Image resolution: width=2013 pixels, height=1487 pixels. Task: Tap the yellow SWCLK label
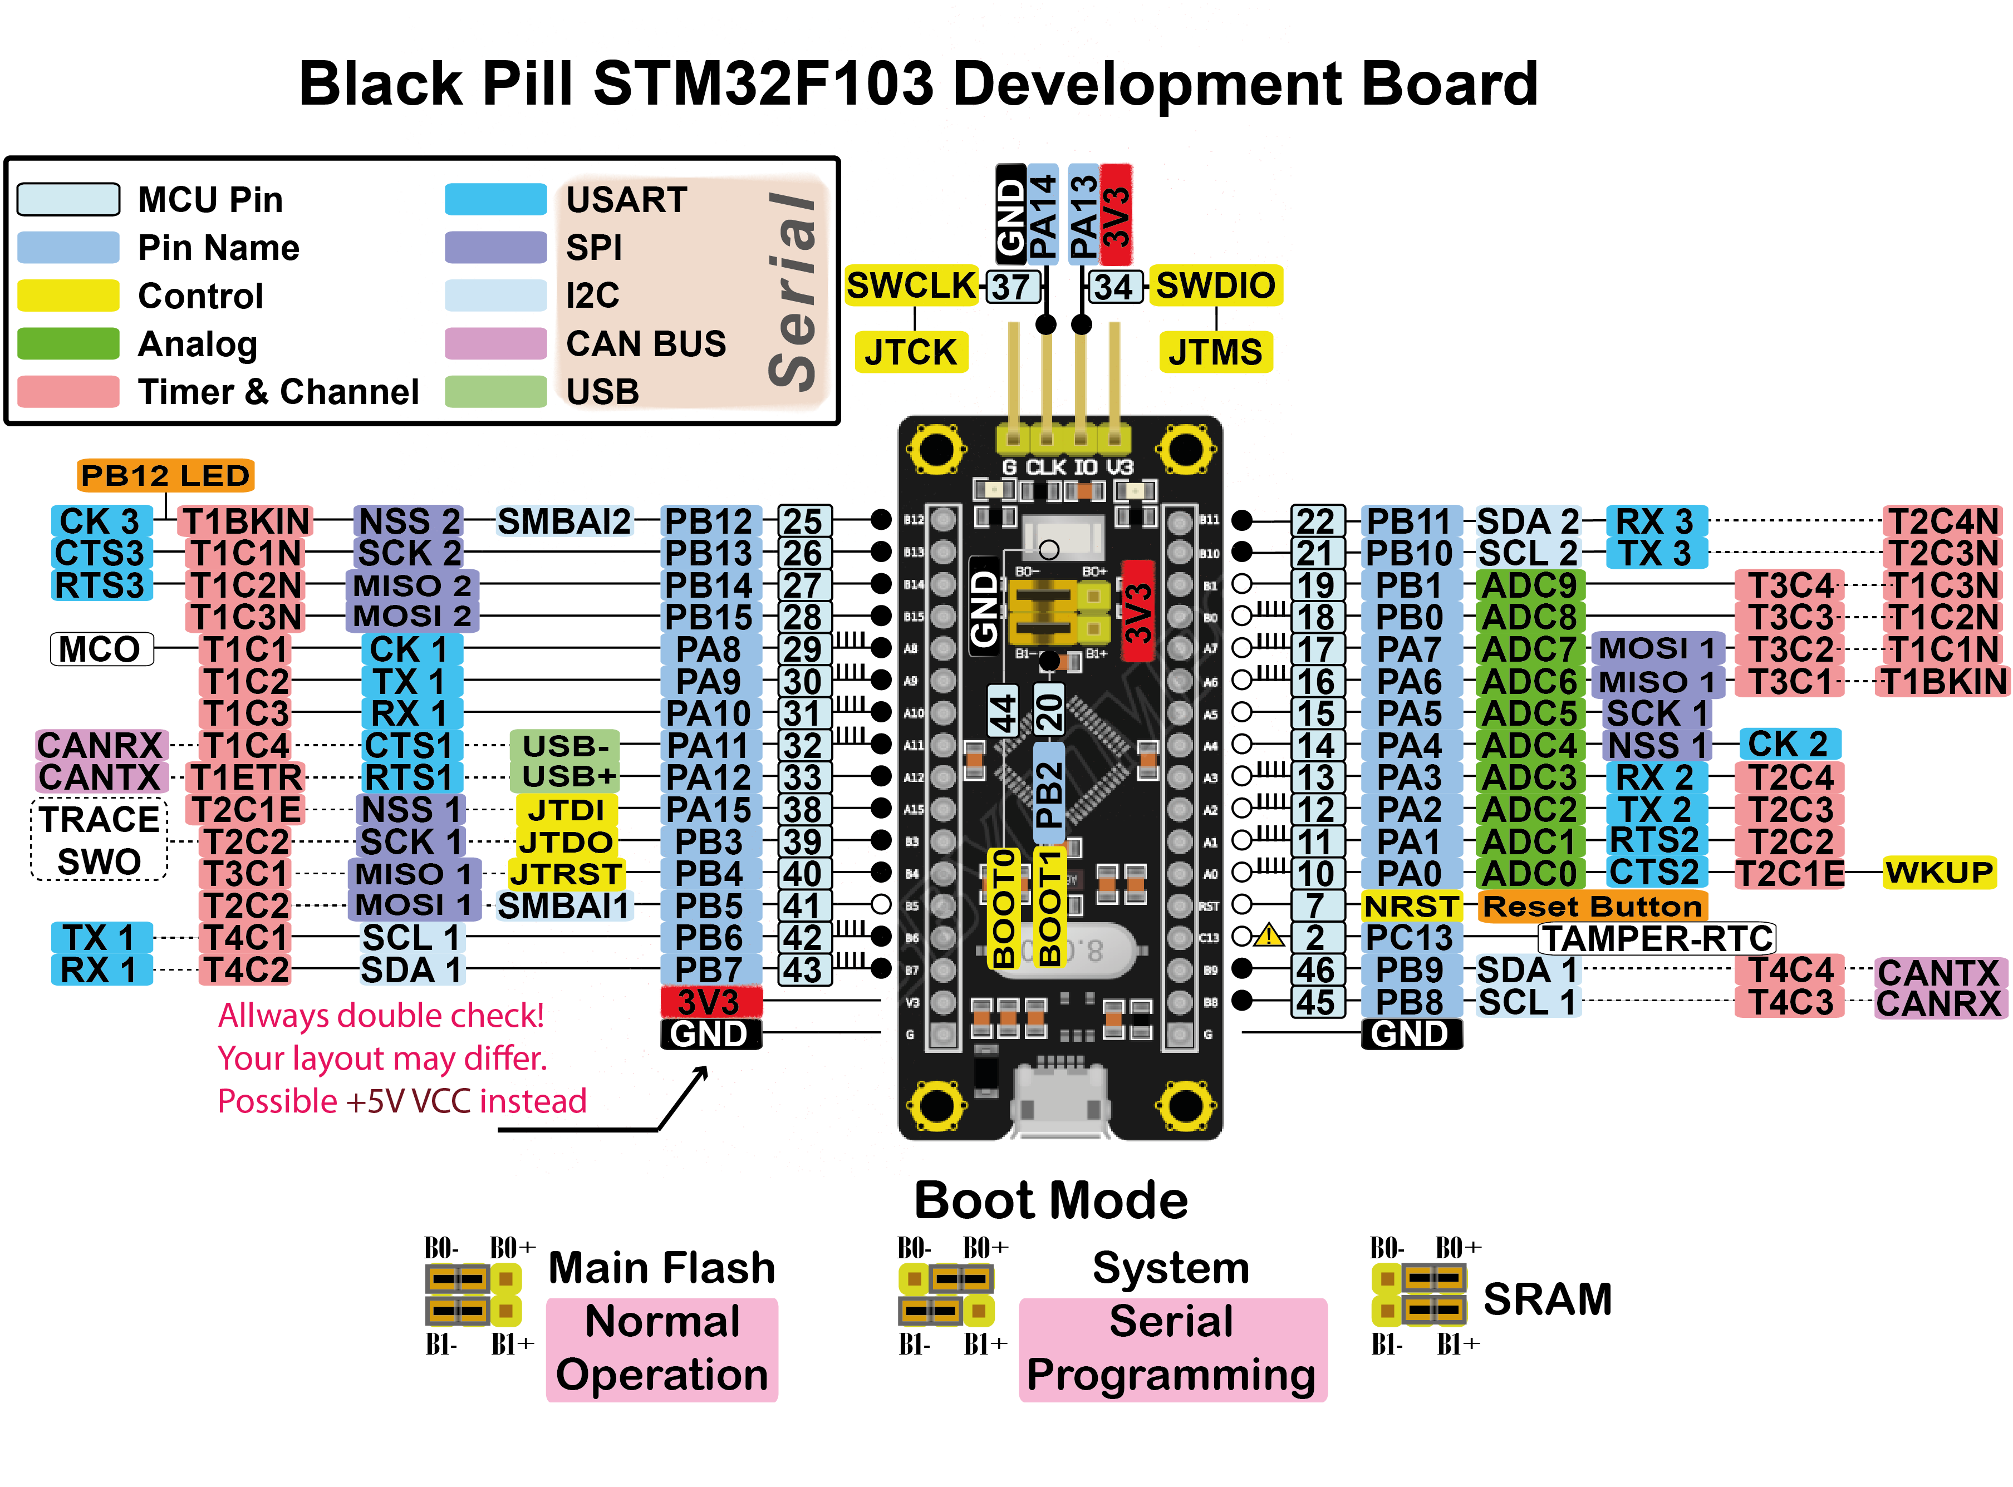pos(911,286)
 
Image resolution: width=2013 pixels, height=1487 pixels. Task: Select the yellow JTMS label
pos(1215,352)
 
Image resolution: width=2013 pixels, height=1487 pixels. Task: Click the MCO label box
pos(101,649)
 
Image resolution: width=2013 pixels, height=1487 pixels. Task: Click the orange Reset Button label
pos(1592,905)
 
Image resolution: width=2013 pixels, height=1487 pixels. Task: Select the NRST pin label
pos(1410,905)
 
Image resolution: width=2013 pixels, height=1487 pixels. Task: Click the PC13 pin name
pos(1409,938)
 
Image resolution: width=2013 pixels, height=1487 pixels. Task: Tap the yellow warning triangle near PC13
pos(1269,936)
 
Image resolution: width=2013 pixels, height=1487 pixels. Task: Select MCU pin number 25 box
pos(803,521)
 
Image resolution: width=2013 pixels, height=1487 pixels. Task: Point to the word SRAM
pos(1546,1299)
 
